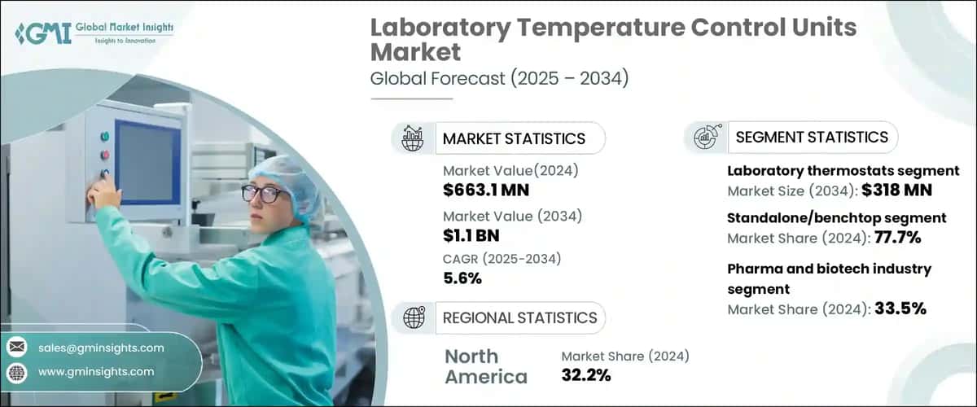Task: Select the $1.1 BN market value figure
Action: (471, 235)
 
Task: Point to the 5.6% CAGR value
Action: (462, 278)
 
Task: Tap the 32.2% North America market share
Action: (585, 375)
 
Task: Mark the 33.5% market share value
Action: (899, 309)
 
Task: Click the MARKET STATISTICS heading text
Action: (513, 138)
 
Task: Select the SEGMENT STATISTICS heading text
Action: (811, 138)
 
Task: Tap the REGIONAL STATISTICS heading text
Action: (519, 317)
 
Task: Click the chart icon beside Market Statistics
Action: (412, 138)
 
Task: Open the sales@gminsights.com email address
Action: (101, 348)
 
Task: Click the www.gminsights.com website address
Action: (96, 371)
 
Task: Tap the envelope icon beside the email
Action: (16, 348)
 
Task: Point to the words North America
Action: (485, 366)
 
